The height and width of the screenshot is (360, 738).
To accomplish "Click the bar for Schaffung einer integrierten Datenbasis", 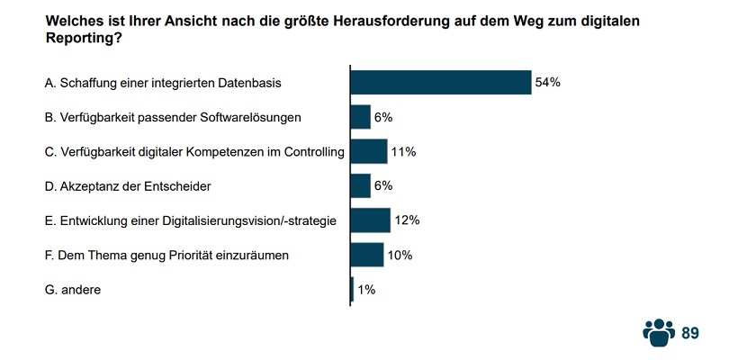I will click(x=440, y=83).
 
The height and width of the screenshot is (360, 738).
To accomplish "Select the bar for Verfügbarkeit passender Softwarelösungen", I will click(x=360, y=117).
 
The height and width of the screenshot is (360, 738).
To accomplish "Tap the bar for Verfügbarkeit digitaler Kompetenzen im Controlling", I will click(x=368, y=151).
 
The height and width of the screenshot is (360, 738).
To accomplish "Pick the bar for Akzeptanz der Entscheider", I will click(x=360, y=185).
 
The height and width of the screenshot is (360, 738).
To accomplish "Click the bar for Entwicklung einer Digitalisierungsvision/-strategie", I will click(x=370, y=220).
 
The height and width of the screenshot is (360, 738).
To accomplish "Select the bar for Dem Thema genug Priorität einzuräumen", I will click(x=366, y=255).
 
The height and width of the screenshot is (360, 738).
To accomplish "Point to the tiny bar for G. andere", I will click(x=352, y=289).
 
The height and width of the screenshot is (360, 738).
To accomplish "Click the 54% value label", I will click(x=547, y=83).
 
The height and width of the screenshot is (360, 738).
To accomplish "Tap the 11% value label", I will click(x=403, y=151).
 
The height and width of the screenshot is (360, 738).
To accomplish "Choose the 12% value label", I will click(x=407, y=220).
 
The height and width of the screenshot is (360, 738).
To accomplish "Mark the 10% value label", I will click(x=400, y=255).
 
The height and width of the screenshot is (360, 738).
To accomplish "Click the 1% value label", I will click(x=365, y=289).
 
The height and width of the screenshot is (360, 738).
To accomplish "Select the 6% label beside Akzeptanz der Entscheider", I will click(x=383, y=185).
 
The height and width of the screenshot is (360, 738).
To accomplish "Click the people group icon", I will click(x=658, y=332).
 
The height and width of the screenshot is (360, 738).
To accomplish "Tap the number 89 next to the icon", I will click(x=690, y=333).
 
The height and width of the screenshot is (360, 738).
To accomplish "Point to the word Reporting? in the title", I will click(x=84, y=39).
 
